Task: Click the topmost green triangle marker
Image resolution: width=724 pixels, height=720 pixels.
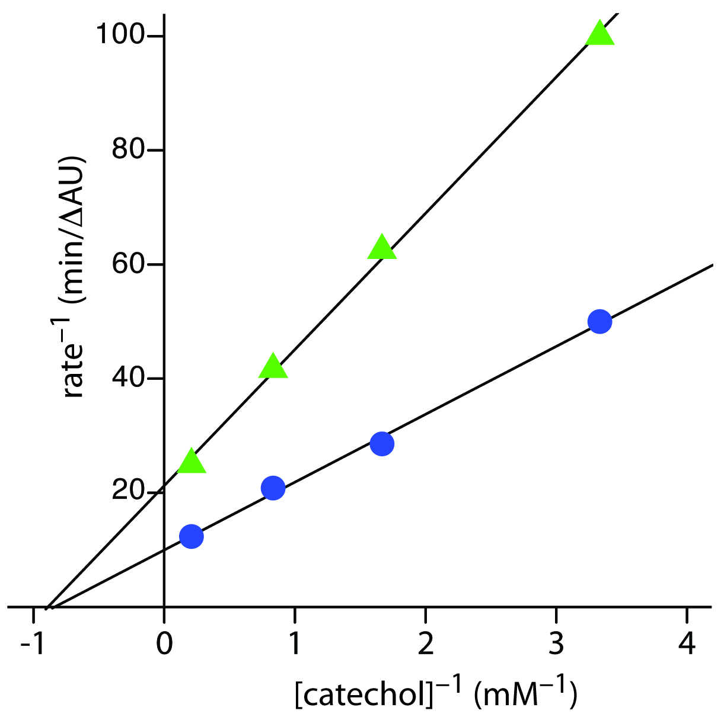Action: click(600, 34)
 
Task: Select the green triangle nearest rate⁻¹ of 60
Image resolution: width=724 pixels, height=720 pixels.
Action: click(382, 248)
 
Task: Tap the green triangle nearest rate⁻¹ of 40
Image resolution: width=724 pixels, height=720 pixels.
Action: click(273, 367)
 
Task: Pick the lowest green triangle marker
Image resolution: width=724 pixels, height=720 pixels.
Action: click(191, 462)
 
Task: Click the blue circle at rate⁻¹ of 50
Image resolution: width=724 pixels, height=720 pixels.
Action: click(599, 322)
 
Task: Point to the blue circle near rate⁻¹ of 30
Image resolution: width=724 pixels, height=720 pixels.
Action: click(382, 443)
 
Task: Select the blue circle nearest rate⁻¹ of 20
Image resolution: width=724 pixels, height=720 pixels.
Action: click(273, 488)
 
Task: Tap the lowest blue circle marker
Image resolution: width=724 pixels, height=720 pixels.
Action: click(191, 536)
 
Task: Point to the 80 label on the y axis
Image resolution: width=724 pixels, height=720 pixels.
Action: click(129, 150)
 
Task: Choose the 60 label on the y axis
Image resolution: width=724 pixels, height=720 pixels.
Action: click(129, 264)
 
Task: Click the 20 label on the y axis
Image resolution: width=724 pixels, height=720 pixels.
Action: click(129, 492)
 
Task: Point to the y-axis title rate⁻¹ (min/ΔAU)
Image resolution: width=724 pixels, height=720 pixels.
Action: click(75, 278)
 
